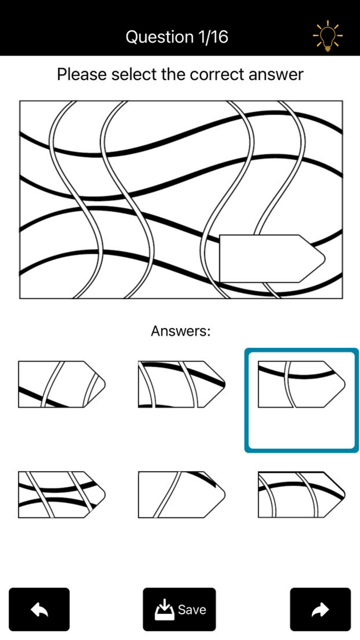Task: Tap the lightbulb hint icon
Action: tap(327, 36)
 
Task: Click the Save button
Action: tap(179, 609)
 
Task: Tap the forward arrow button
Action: tap(320, 609)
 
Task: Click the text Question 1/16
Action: tap(177, 37)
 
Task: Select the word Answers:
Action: tap(181, 331)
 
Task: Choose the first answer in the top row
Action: tap(62, 384)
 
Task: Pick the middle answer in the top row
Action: tap(181, 384)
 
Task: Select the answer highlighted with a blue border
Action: tap(301, 384)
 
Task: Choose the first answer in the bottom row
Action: tap(62, 494)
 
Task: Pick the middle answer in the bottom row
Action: tap(181, 494)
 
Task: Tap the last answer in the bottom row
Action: tap(301, 494)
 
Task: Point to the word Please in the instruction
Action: tap(80, 75)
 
